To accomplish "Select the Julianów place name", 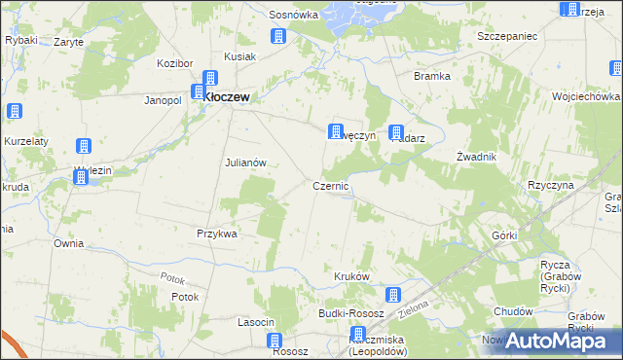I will pyautogui.click(x=245, y=162).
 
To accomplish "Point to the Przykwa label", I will pyautogui.click(x=217, y=234).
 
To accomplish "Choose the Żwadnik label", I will pyautogui.click(x=477, y=157).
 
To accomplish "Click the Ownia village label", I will pyautogui.click(x=68, y=243).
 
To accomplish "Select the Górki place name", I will pyautogui.click(x=503, y=235).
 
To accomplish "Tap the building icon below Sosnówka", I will pyautogui.click(x=277, y=37).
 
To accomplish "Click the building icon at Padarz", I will pyautogui.click(x=396, y=132).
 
